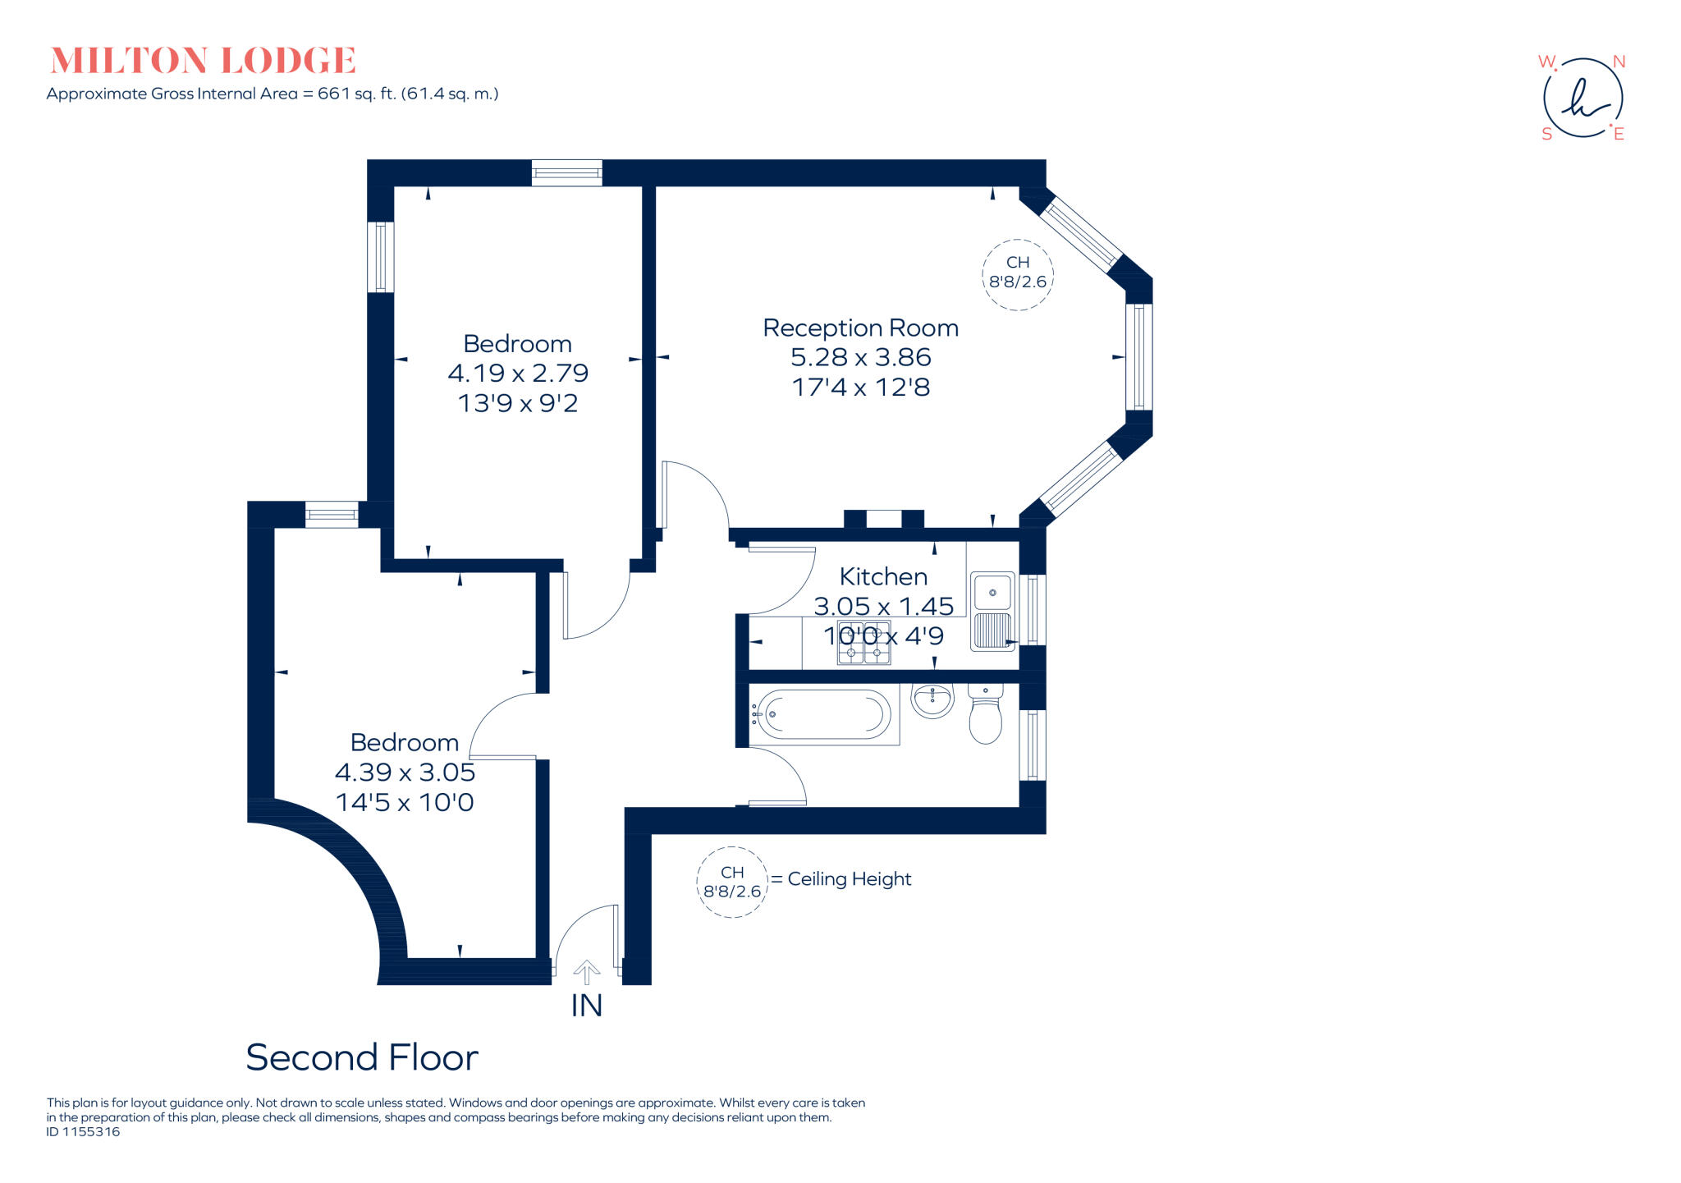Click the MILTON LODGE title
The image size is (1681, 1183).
(x=203, y=61)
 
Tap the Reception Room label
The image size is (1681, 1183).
(x=860, y=328)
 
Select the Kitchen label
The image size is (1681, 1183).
(x=883, y=576)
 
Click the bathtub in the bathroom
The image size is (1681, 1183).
(x=823, y=714)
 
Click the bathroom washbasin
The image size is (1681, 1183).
(x=932, y=701)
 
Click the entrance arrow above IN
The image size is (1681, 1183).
(x=586, y=972)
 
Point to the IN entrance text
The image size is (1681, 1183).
(x=586, y=1006)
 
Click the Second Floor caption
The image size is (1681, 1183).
(x=362, y=1057)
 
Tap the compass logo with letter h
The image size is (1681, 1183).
(x=1583, y=99)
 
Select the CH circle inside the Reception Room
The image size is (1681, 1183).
(x=1018, y=274)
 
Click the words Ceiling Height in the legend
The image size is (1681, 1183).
(x=850, y=879)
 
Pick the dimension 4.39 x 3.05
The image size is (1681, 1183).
(x=405, y=773)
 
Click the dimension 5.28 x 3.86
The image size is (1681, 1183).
(x=860, y=358)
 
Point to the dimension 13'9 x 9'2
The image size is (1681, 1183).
(x=518, y=403)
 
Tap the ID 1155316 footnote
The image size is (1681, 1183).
(x=83, y=1132)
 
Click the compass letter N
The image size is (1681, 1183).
(x=1619, y=62)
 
